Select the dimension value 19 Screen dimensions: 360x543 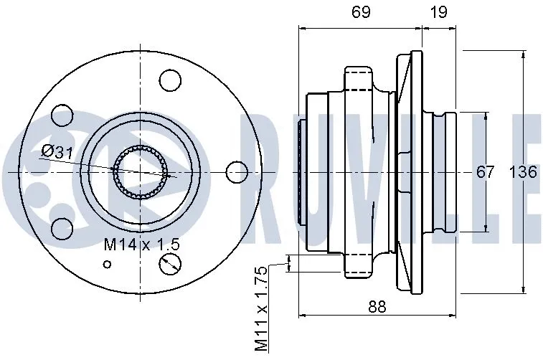click(x=439, y=11)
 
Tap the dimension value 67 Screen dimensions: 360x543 click(x=486, y=173)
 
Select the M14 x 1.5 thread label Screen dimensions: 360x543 click(x=141, y=245)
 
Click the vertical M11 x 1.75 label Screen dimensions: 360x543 click(x=261, y=308)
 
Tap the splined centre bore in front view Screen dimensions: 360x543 click(x=141, y=172)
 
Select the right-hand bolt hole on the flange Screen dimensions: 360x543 click(x=236, y=172)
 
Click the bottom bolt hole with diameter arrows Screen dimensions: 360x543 click(x=170, y=264)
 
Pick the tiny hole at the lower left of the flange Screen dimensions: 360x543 click(x=108, y=264)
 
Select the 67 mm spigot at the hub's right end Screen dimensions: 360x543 click(x=448, y=173)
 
